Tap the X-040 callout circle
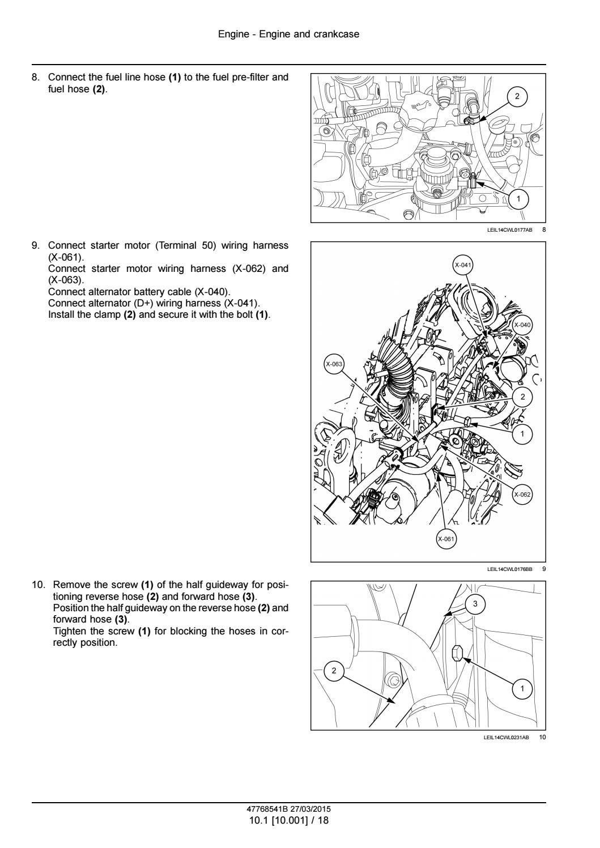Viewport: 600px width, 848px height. point(522,325)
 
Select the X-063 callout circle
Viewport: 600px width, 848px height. point(334,364)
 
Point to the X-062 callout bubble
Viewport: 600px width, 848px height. point(522,495)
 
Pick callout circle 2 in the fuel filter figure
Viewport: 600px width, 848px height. point(517,96)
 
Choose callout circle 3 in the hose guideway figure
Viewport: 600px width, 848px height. point(475,604)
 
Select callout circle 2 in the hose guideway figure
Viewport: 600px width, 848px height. point(334,671)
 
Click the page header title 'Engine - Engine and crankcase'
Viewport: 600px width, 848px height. point(288,35)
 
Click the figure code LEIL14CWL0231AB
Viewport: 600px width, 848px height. point(508,737)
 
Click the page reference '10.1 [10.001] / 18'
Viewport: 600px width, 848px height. point(288,820)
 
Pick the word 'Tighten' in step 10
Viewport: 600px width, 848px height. point(68,631)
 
